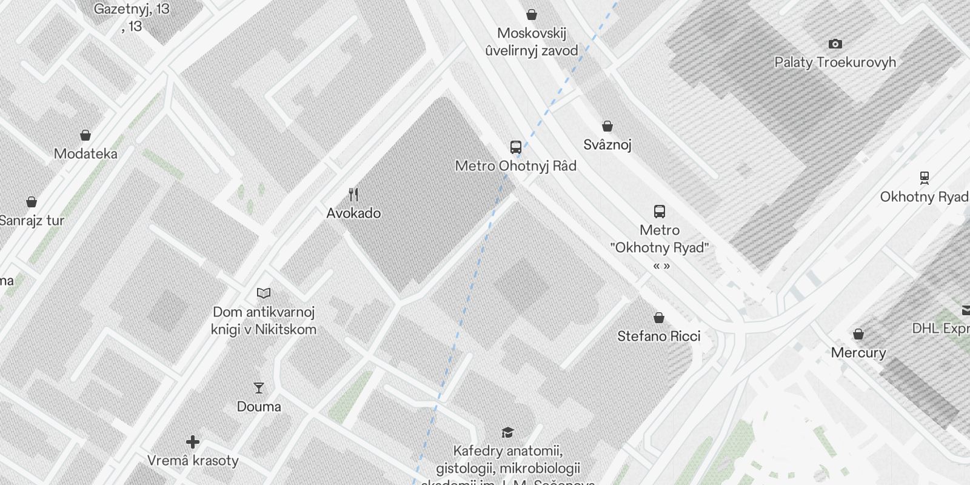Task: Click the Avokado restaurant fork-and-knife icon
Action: [353, 195]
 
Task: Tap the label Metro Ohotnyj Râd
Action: [515, 166]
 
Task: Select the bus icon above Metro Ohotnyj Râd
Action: [516, 147]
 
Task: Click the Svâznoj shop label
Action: [607, 144]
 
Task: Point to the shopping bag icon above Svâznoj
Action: [607, 126]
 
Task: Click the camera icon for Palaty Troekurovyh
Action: [835, 44]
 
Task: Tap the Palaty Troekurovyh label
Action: [835, 62]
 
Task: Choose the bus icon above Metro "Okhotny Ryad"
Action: [660, 212]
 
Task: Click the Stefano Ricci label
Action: [658, 336]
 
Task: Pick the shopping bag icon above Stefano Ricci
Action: [659, 318]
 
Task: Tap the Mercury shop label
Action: [858, 352]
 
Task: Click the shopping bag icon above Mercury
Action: [858, 334]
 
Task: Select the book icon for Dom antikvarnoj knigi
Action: [264, 293]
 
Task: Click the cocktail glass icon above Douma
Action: [259, 388]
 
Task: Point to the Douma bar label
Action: [259, 406]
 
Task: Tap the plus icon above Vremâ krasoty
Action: [193, 442]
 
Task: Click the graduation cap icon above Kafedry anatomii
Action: [507, 432]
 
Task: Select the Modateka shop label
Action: [85, 153]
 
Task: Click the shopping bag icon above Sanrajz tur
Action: [32, 202]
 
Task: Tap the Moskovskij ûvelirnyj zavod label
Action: [532, 42]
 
